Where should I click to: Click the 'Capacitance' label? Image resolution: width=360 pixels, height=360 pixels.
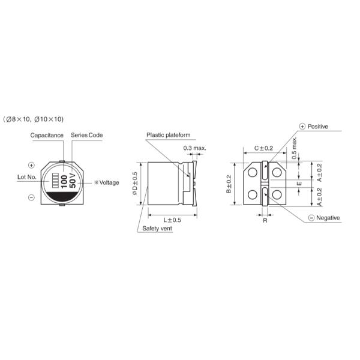click(x=47, y=136)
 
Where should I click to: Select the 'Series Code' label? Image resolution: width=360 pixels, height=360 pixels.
click(x=87, y=136)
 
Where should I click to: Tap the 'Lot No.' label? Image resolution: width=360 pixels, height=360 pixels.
click(x=28, y=178)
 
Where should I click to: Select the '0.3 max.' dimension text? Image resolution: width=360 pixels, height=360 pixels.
click(x=194, y=148)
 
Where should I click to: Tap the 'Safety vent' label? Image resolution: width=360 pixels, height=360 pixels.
click(x=157, y=229)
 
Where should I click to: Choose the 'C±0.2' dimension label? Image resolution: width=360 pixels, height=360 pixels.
click(x=263, y=148)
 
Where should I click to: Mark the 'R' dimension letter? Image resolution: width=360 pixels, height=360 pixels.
click(x=265, y=221)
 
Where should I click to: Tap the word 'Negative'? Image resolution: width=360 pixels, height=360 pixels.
click(x=328, y=218)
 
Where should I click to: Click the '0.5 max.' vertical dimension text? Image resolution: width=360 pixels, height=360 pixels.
click(x=295, y=147)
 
